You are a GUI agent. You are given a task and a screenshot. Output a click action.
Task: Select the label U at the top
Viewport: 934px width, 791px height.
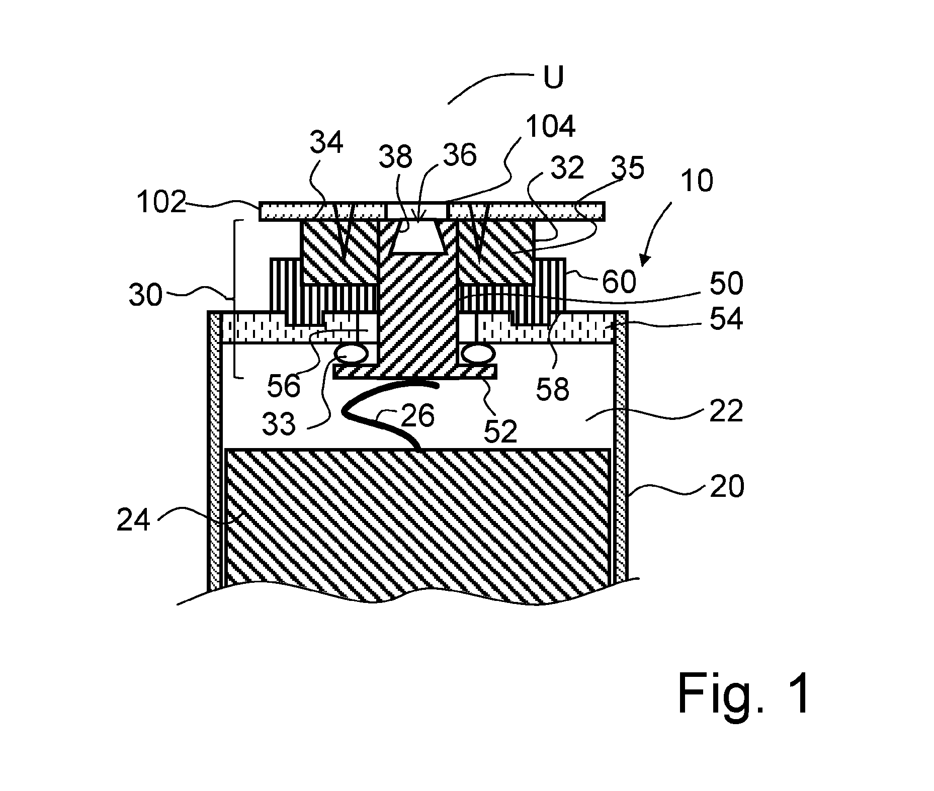click(553, 78)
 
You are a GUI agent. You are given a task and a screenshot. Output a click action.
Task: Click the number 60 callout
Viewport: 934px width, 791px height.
click(619, 282)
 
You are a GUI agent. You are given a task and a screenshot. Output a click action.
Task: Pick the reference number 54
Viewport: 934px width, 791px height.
click(726, 319)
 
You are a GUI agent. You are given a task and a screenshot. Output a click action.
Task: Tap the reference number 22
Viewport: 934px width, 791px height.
click(726, 411)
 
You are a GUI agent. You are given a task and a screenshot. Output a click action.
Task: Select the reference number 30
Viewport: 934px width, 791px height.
click(146, 295)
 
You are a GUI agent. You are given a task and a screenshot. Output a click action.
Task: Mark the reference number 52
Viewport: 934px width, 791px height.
click(500, 431)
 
